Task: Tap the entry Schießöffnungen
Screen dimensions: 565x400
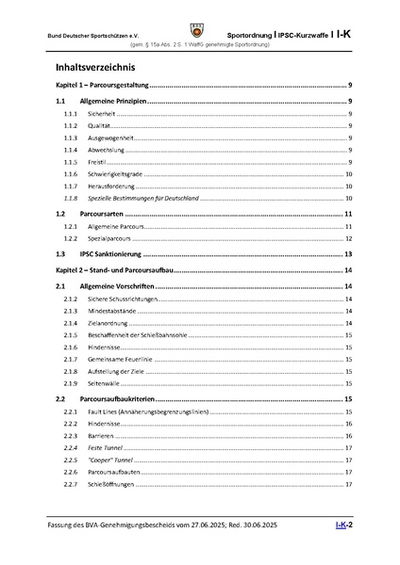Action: [x=108, y=484]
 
